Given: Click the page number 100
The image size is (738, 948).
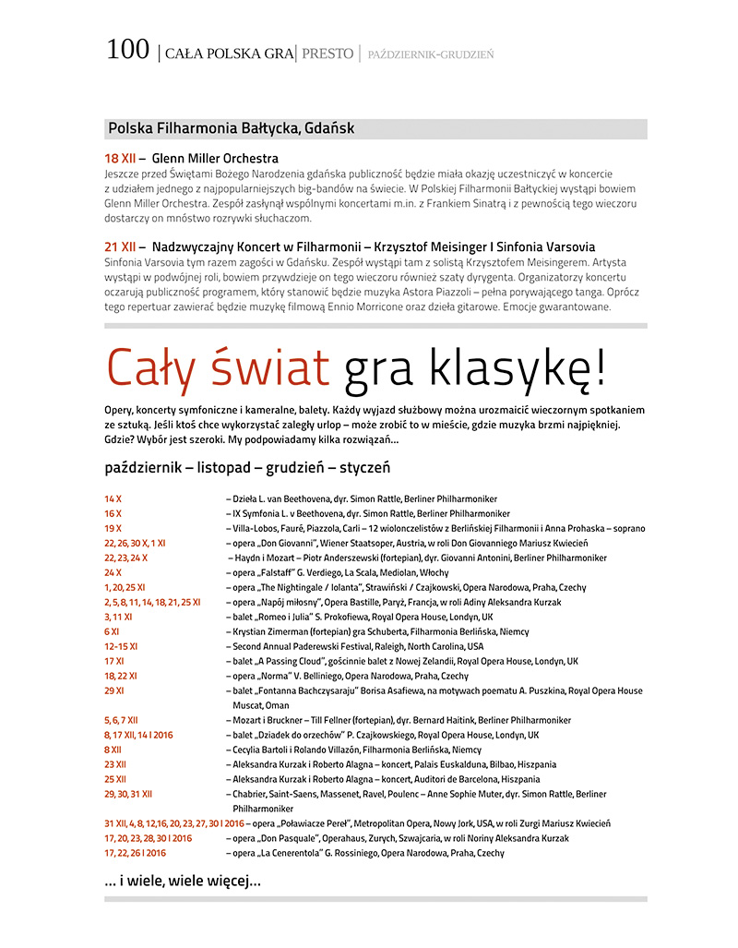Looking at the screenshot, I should pos(127,50).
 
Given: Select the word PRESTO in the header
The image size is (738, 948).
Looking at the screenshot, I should pos(327,54).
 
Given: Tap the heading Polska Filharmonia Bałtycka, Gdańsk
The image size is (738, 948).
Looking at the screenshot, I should pos(231,128).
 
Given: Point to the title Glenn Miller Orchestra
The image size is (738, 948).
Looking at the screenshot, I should pos(215,158).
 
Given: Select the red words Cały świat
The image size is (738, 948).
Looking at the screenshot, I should pos(217,367).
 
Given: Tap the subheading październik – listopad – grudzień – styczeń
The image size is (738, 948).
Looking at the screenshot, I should pos(247,467).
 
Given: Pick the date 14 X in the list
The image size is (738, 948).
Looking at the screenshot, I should pos(113,498).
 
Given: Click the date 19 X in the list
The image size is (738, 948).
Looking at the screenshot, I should pos(113,528).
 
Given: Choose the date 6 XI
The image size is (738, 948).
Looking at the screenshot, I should pos(112,631).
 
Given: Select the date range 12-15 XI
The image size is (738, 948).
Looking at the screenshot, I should pos(121,646).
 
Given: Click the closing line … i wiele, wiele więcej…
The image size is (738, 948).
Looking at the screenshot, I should pos(183,882).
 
